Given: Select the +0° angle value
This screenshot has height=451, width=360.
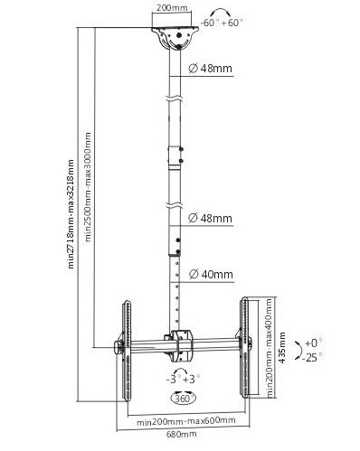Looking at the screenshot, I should (x=314, y=343).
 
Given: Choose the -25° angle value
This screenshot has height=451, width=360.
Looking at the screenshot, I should (x=314, y=357).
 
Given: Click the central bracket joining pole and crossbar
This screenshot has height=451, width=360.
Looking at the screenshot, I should (x=178, y=343).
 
